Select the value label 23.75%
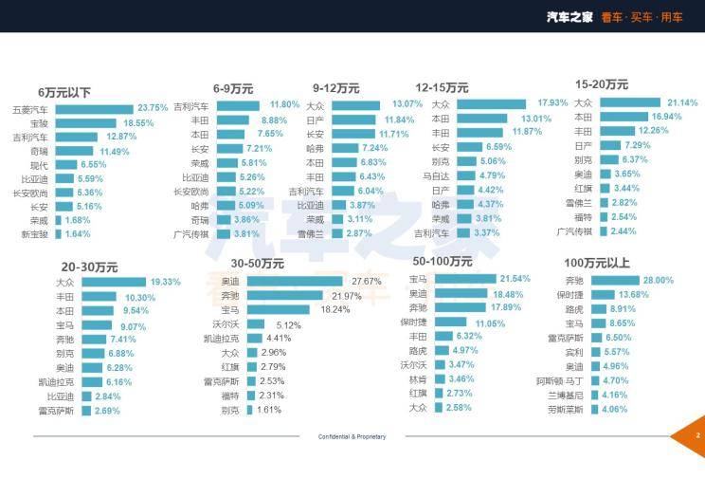[x=153, y=108]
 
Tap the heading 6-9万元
[x=233, y=88]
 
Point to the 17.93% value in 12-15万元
[x=552, y=102]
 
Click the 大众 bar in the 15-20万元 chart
[x=629, y=102]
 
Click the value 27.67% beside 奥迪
[x=366, y=282]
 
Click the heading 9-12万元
[x=336, y=88]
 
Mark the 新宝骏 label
[x=33, y=234]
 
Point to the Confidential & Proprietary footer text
[x=352, y=436]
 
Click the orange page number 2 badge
[x=696, y=436]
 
